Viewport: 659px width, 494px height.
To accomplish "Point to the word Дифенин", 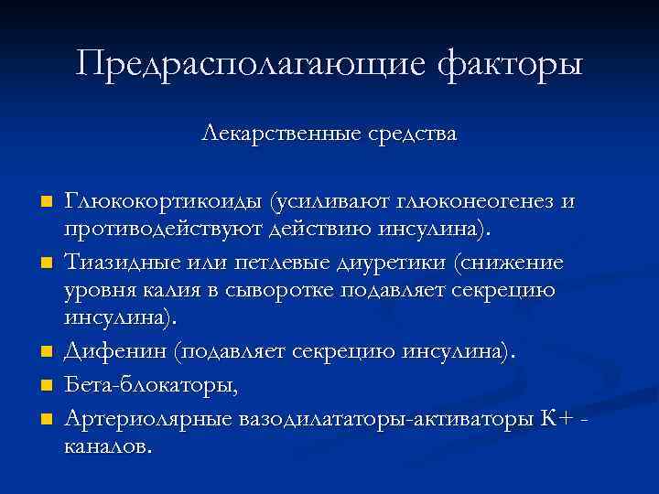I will tap(117, 350).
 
